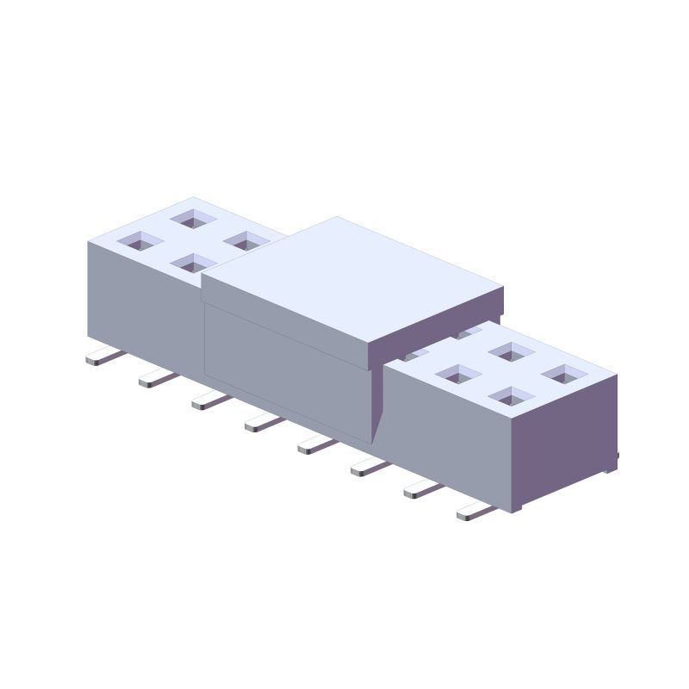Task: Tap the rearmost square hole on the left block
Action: pyautogui.click(x=193, y=219)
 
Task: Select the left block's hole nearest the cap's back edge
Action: pyautogui.click(x=246, y=240)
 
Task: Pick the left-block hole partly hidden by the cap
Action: pyautogui.click(x=191, y=264)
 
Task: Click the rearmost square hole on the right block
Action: pyautogui.click(x=512, y=351)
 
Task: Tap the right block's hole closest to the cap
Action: pyautogui.click(x=459, y=375)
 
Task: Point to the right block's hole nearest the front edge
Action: pyautogui.click(x=512, y=397)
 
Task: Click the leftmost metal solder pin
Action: pyautogui.click(x=103, y=357)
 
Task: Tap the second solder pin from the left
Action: pyautogui.click(x=157, y=378)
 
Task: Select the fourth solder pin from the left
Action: pyautogui.click(x=263, y=422)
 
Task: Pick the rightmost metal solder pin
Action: pyautogui.click(x=475, y=512)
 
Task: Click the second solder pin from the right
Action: pyautogui.click(x=422, y=489)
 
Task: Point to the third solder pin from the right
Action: pyautogui.click(x=369, y=467)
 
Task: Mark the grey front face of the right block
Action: pyautogui.click(x=448, y=431)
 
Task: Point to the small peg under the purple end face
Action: pyautogui.click(x=611, y=466)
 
